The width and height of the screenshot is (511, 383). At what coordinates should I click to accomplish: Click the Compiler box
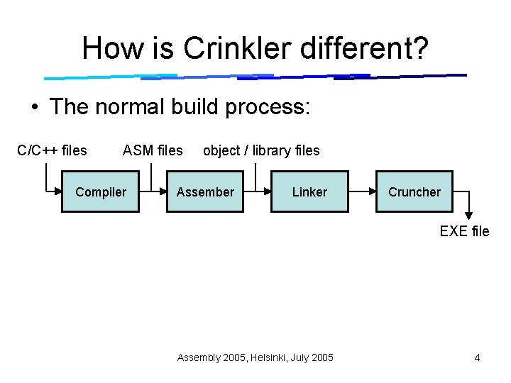click(x=100, y=191)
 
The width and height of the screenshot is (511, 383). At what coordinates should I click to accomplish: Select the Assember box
click(x=205, y=191)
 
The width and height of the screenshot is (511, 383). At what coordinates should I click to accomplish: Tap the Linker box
click(x=309, y=191)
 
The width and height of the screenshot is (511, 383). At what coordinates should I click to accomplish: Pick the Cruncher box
click(x=414, y=191)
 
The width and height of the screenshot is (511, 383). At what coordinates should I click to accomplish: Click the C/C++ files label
click(x=52, y=150)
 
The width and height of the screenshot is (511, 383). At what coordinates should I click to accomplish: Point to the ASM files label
click(x=153, y=150)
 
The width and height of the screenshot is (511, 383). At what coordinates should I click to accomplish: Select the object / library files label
click(x=261, y=150)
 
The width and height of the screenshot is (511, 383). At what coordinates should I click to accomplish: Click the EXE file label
click(x=464, y=231)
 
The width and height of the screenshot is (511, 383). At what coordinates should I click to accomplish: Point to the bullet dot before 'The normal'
click(x=34, y=107)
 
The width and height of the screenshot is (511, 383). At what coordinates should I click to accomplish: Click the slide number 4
click(x=477, y=357)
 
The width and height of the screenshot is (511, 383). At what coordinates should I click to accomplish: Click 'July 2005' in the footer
click(x=312, y=357)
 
